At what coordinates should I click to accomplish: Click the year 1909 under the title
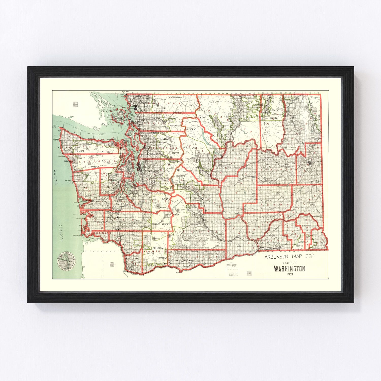click(x=290, y=274)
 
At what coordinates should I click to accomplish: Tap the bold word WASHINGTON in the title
click(x=289, y=269)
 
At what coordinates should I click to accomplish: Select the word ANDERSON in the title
click(x=276, y=257)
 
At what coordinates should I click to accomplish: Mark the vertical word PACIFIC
click(x=62, y=232)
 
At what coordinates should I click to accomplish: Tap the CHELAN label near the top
click(x=215, y=102)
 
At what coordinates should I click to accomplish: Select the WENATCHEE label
click(x=190, y=148)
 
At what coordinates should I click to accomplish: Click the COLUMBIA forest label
click(x=158, y=248)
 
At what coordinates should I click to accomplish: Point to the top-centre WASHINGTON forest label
click(x=175, y=97)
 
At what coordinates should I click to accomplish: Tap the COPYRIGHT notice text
click(x=232, y=274)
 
